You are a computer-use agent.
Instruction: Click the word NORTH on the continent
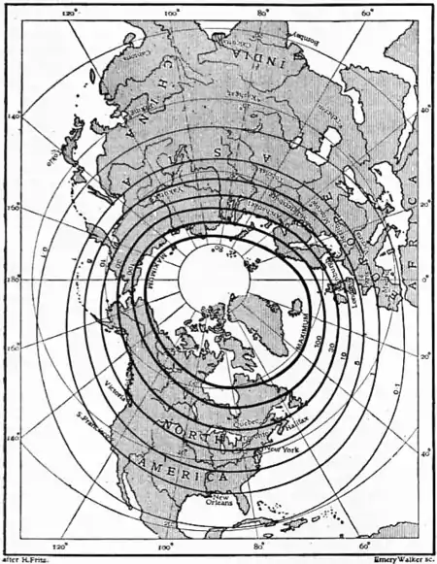(192, 426)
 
